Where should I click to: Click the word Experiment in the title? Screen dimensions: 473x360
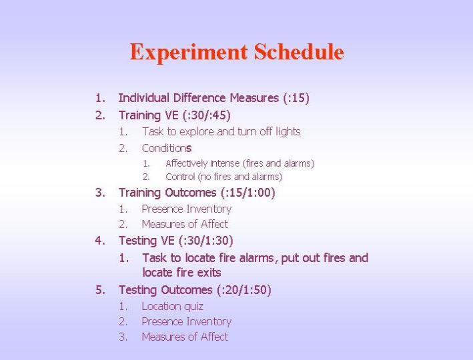pos(189,53)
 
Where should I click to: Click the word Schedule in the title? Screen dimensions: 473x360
pos(299,51)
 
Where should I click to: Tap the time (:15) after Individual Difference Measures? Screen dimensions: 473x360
pos(296,98)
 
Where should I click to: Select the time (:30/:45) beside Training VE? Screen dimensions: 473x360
pos(206,115)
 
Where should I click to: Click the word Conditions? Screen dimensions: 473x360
pos(167,148)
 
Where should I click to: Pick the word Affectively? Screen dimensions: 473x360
pos(186,164)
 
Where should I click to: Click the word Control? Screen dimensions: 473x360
pos(180,177)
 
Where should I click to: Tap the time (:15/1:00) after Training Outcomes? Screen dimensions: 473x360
pos(248,193)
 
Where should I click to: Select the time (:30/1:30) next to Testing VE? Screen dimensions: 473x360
pos(205,241)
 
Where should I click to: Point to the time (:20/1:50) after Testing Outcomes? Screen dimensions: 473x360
pos(244,290)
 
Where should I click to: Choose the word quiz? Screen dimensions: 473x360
pos(193,307)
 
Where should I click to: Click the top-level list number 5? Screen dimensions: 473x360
pos(100,290)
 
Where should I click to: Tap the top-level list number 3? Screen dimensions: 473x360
pos(100,193)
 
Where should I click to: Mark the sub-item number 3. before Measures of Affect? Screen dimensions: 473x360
pos(123,337)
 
